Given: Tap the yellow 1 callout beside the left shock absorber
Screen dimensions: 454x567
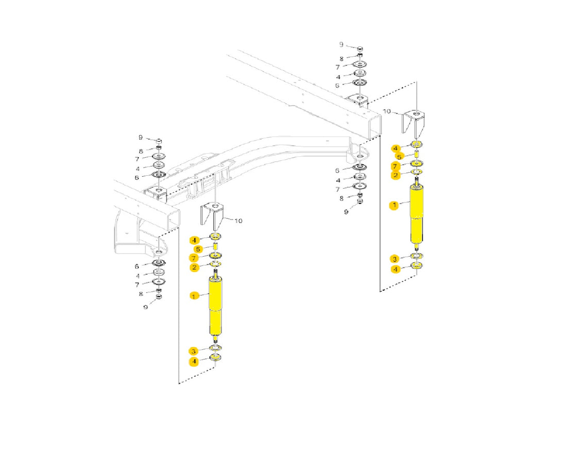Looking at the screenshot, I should (x=194, y=296).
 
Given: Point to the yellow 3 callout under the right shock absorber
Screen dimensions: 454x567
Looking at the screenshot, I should (x=395, y=259).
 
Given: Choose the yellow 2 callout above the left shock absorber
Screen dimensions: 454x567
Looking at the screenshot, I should (x=194, y=267).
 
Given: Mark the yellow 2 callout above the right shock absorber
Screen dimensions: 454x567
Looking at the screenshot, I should (x=395, y=175).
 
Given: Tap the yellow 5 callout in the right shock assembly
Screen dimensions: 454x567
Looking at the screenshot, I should (x=399, y=157).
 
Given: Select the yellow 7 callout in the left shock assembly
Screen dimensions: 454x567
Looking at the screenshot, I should (x=194, y=257).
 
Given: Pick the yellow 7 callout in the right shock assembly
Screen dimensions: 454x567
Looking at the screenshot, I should (x=395, y=166).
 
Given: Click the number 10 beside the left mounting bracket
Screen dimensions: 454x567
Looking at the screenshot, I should (x=238, y=221).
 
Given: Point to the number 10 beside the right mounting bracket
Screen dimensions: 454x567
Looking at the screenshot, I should (x=388, y=111).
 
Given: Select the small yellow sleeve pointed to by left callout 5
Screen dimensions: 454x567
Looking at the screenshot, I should (x=215, y=246).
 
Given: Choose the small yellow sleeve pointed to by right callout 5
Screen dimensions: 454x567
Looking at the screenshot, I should (x=416, y=154).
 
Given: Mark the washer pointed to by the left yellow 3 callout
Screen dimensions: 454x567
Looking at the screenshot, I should (x=215, y=349).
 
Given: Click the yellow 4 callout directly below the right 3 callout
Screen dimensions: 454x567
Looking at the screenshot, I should (x=395, y=269).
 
